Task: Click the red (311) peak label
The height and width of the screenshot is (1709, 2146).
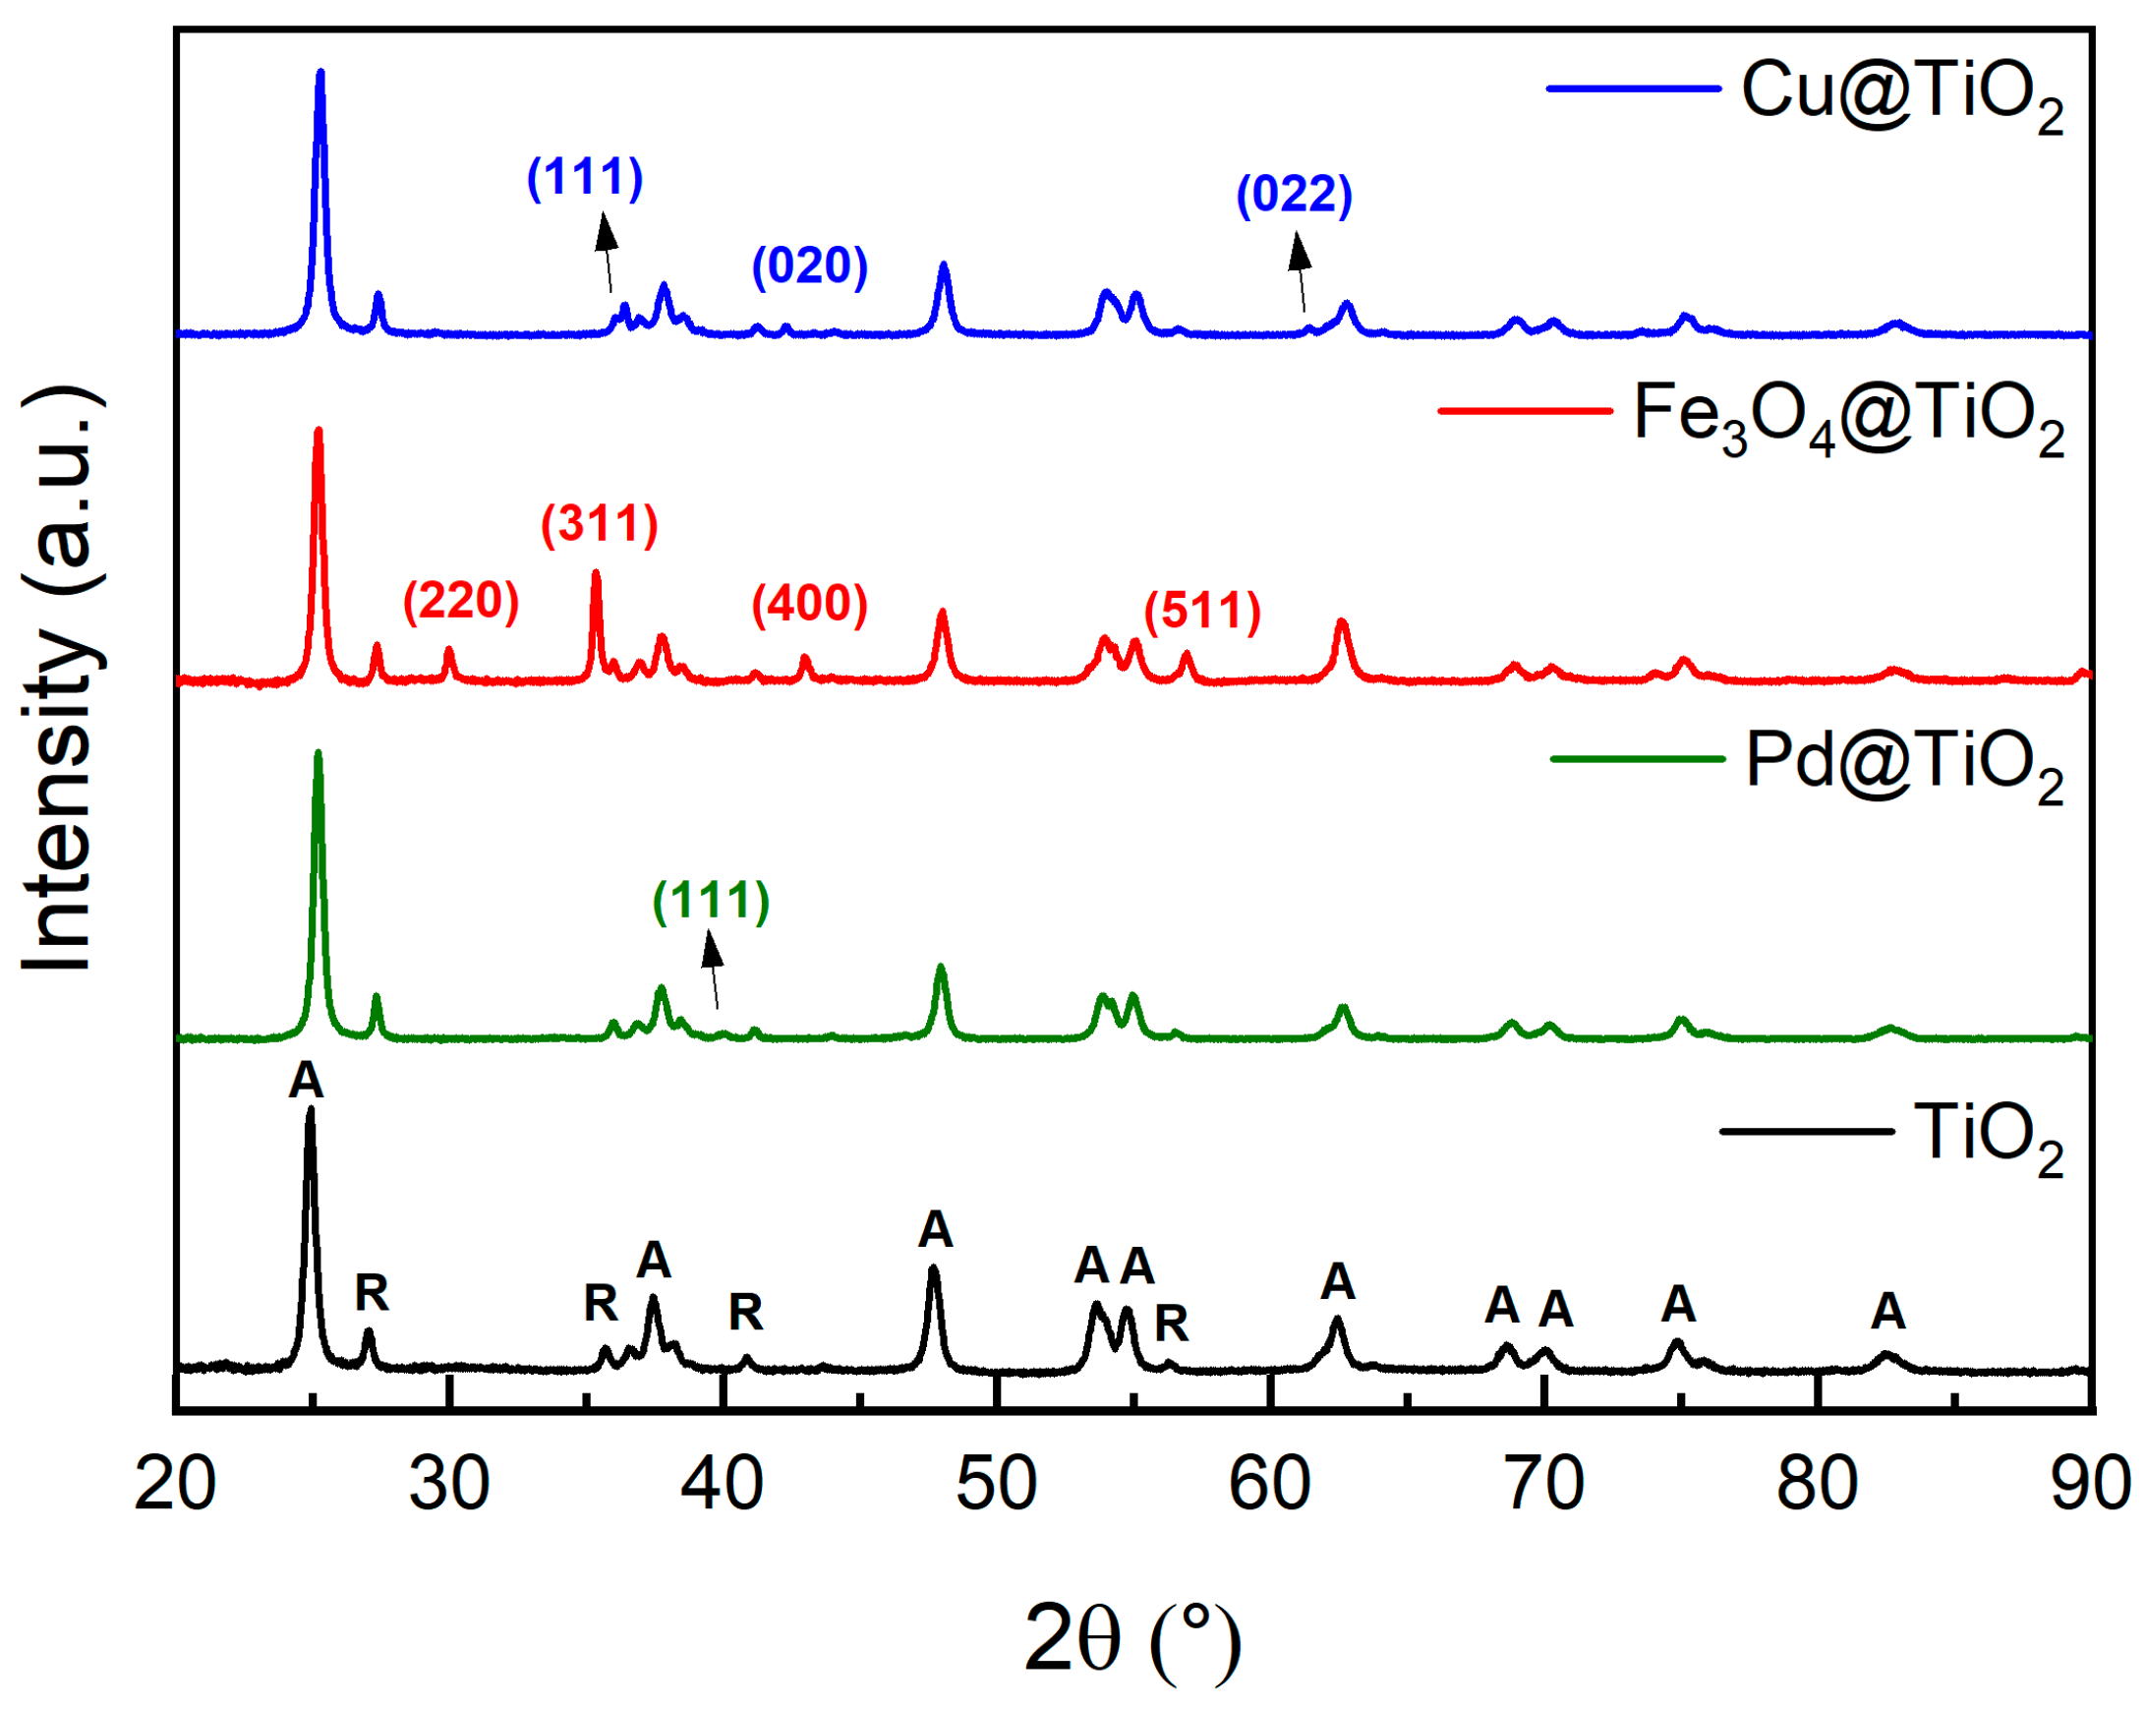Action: pos(600,524)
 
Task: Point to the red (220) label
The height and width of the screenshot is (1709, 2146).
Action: pos(461,601)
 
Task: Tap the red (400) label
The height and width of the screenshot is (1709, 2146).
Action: pos(809,604)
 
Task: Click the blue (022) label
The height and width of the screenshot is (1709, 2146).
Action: pos(1294,193)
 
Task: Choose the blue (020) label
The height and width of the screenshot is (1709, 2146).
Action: pos(809,265)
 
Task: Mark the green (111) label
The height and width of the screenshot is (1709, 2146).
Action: pos(711,901)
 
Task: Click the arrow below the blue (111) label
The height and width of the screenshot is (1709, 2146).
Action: pos(607,254)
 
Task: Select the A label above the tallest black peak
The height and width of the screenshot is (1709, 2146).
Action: pos(307,1081)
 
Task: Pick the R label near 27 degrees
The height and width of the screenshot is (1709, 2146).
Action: pos(372,1294)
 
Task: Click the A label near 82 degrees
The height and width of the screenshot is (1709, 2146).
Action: pos(1887,1312)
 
